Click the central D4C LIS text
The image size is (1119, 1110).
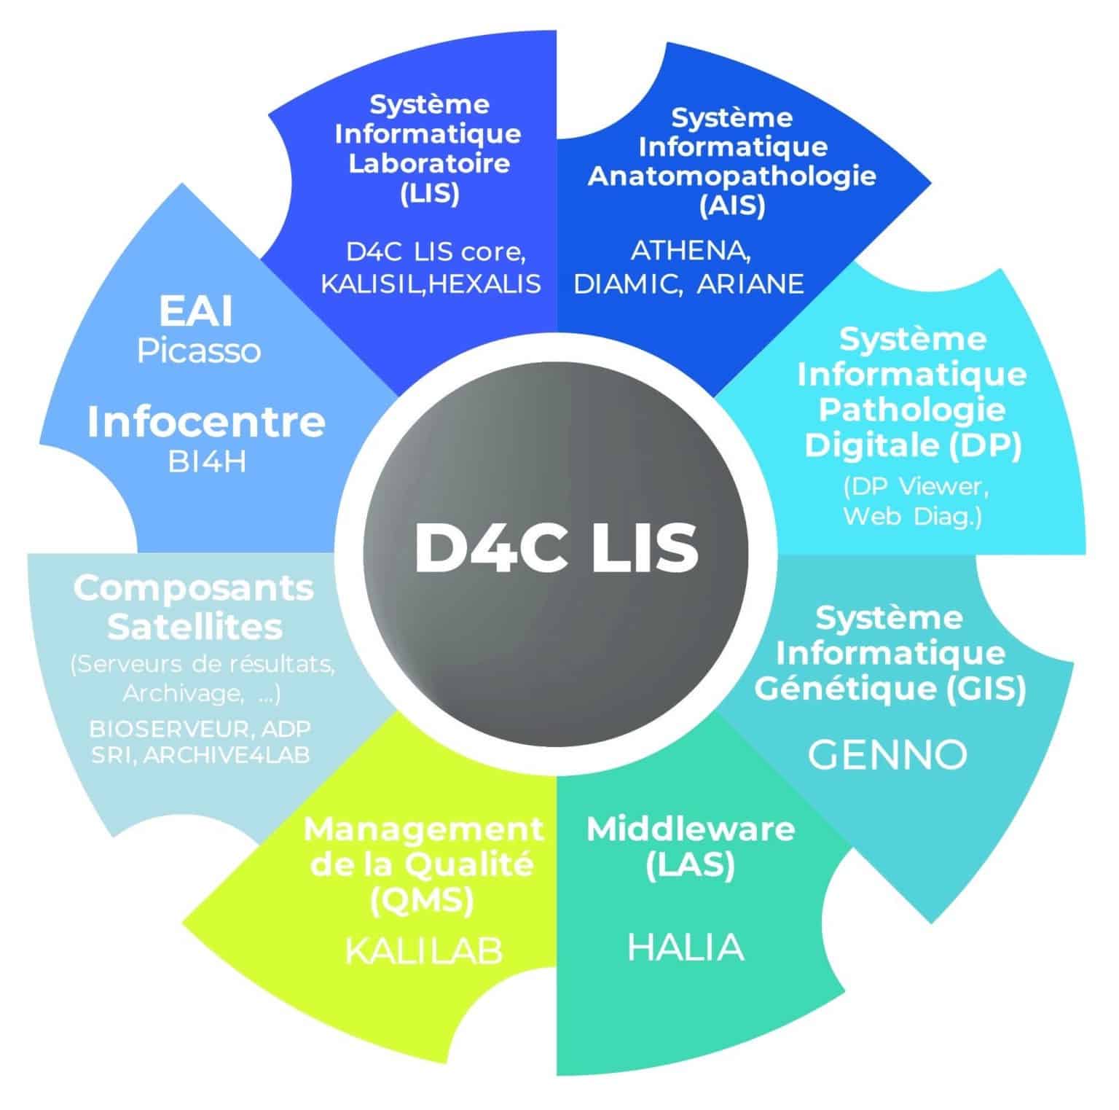coord(556,547)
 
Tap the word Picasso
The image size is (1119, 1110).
coord(199,351)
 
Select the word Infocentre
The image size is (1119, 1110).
coord(206,422)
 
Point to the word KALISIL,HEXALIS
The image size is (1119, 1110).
coord(431,283)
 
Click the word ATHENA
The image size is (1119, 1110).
coord(690,251)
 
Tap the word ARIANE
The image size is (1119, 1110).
coord(750,284)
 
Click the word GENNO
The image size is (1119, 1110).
coord(887,755)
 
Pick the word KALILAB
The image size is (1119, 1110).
coord(423,950)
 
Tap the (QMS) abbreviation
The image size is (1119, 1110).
coord(422,901)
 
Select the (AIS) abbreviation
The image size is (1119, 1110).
coord(732,207)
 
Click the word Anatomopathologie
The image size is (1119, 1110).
coord(731,176)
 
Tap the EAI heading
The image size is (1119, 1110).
coord(196,312)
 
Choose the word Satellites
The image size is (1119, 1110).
coord(195,627)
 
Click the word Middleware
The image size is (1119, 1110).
coord(690,829)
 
